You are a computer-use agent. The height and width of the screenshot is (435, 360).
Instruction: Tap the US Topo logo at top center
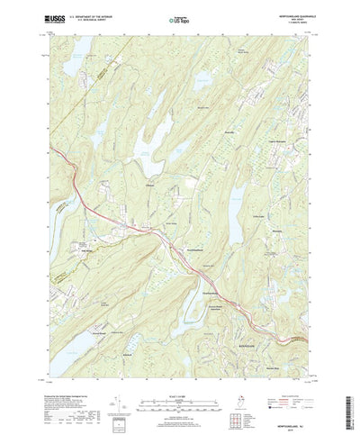(180, 18)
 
